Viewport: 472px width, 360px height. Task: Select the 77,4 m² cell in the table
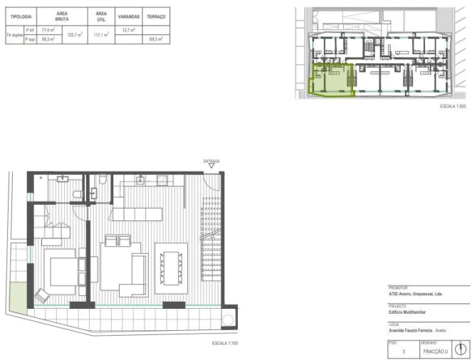coord(48,30)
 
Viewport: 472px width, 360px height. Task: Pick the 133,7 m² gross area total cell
coord(75,34)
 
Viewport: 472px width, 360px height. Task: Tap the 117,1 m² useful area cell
coord(101,34)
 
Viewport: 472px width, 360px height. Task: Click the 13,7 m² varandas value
coord(129,30)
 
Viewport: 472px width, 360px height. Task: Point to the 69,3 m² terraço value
coord(156,39)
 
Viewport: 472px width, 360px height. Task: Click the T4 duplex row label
coord(14,34)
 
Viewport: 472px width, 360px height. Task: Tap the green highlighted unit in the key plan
coord(332,79)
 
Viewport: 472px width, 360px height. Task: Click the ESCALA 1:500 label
coord(452,105)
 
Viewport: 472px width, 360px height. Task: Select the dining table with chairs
coord(171,268)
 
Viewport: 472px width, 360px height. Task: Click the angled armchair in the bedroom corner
coord(42,294)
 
